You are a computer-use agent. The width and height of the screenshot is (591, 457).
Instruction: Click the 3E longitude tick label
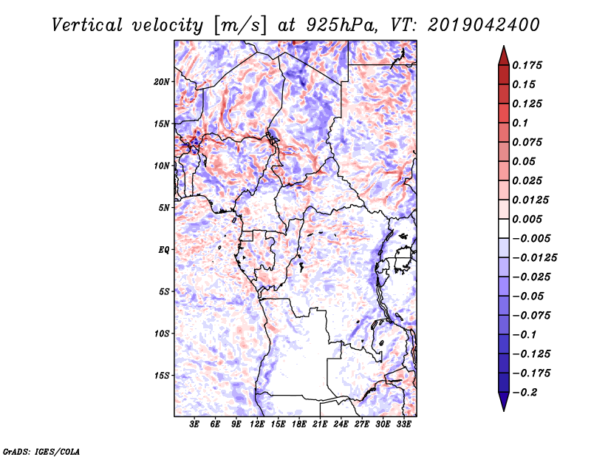coord(195,425)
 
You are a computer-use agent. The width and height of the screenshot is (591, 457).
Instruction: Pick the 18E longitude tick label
coord(298,425)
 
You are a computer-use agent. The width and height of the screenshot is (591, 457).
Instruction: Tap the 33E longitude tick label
coord(403,425)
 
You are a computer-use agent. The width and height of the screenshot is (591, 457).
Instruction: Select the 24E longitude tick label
coord(341,425)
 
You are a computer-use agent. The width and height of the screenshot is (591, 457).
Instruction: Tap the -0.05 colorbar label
coord(528,296)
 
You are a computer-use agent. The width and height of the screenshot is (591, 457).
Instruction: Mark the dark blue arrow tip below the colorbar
coord(503,405)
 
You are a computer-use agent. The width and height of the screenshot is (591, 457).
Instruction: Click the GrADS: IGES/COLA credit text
coord(41,450)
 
